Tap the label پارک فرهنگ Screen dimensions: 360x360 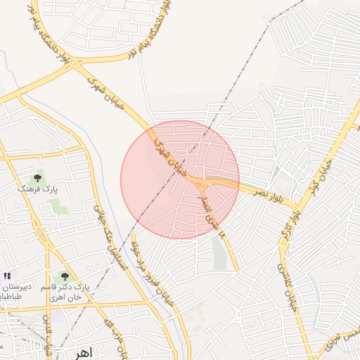(x=39, y=190)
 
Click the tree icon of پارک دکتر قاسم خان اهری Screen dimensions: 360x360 (x=65, y=277)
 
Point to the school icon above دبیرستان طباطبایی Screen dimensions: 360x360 (x=7, y=276)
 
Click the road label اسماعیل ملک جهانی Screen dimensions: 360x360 (x=104, y=232)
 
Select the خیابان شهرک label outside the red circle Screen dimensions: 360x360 (x=105, y=93)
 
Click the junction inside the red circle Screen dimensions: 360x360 (x=200, y=184)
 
